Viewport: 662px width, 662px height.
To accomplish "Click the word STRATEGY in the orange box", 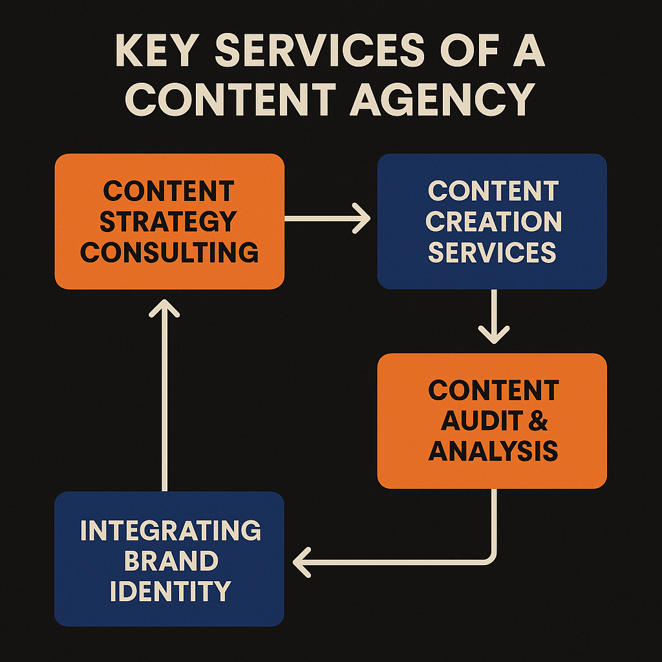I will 169,221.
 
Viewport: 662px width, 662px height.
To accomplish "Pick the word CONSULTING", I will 169,251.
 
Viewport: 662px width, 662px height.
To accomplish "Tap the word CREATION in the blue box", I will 493,221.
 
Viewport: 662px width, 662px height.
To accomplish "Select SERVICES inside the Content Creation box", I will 492,251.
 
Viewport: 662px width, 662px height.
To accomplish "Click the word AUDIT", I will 479,421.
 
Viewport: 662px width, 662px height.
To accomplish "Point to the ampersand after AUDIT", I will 538,421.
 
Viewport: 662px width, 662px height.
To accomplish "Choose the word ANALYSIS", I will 493,451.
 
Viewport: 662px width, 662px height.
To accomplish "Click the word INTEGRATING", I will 171,530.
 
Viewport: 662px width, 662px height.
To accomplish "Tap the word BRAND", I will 171,561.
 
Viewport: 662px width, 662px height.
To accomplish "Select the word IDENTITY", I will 171,590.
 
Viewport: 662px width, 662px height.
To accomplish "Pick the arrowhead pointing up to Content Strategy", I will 164,308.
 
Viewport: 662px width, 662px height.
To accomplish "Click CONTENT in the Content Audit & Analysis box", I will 493,390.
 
